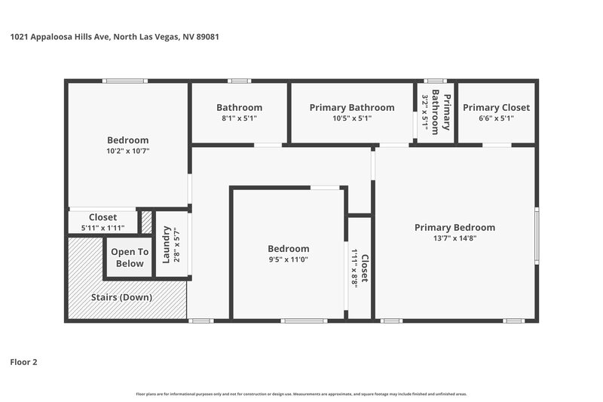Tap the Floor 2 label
[23, 362]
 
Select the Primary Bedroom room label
[455, 228]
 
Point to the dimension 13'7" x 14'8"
[455, 238]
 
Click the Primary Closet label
[496, 107]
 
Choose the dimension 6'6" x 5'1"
[496, 118]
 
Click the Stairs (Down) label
[121, 297]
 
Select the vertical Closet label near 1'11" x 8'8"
[365, 268]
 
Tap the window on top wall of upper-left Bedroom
[124, 81]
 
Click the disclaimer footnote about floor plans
[301, 394]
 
